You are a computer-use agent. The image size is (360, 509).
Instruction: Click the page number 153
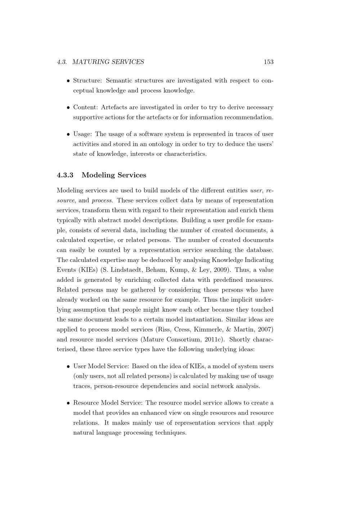(269, 62)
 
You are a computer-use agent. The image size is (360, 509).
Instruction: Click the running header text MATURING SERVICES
(108, 62)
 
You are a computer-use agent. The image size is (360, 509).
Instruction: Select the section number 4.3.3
(65, 175)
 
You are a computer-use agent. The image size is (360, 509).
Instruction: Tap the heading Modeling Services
(114, 175)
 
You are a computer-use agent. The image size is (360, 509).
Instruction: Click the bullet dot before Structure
(68, 81)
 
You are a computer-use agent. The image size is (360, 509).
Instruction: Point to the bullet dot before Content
(68, 108)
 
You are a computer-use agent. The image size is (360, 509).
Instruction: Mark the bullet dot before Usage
(68, 134)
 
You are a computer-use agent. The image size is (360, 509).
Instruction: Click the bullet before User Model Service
(68, 366)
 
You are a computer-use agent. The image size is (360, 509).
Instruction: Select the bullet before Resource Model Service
(68, 403)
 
